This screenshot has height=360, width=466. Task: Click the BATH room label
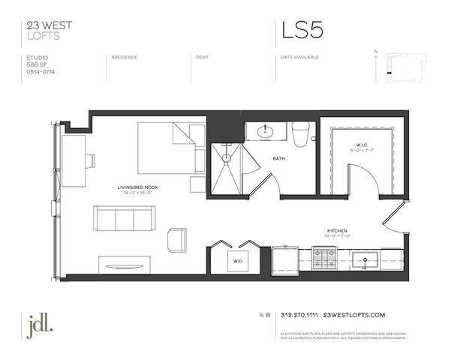point(278,159)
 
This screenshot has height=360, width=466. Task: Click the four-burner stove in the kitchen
point(323,259)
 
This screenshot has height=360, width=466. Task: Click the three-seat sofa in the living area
point(124,218)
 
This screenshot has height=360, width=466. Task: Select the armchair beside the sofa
point(177,239)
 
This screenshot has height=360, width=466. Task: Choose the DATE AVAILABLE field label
point(299,57)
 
